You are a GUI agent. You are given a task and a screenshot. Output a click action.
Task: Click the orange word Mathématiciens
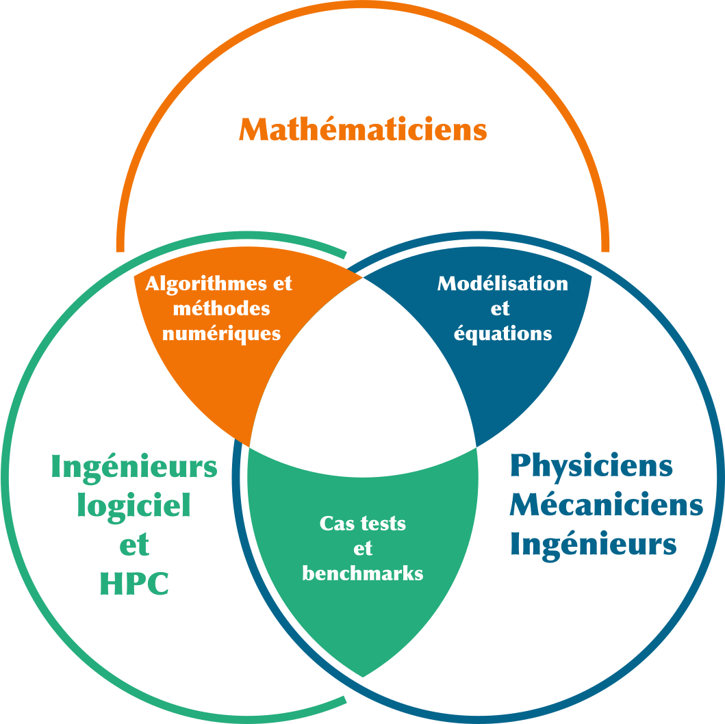[x=363, y=129]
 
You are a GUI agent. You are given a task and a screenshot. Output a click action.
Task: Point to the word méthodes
[x=222, y=309]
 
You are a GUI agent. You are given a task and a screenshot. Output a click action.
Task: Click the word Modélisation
[x=503, y=283]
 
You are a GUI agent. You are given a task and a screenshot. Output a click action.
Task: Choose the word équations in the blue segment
[x=503, y=333]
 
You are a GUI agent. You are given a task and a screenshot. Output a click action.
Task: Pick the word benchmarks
[x=363, y=573]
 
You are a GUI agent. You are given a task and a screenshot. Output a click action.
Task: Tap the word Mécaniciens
[x=606, y=505]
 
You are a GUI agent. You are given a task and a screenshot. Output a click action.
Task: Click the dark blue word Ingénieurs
[x=593, y=545]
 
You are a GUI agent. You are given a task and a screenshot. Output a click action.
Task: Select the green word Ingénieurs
[x=134, y=468]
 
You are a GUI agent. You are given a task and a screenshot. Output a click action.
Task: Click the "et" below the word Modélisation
[x=500, y=309]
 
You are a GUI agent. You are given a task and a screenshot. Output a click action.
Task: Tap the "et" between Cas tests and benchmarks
[x=363, y=549]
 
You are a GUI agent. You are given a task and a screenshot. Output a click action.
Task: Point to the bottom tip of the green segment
[x=363, y=675]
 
